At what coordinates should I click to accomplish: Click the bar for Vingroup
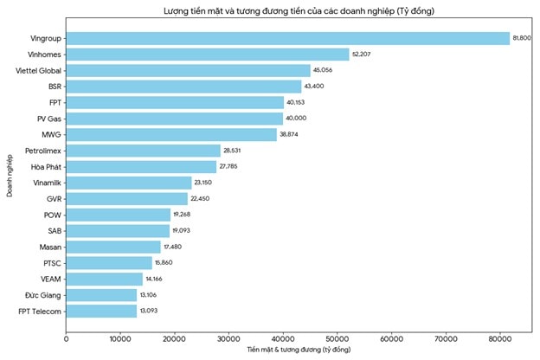point(288,38)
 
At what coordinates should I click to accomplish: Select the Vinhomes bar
point(208,55)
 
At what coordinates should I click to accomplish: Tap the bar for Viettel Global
point(188,70)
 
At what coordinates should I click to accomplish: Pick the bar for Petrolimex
point(144,151)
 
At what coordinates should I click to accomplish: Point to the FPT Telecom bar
point(101,311)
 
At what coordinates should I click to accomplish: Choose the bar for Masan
point(113,247)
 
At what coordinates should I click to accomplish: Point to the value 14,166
point(155,279)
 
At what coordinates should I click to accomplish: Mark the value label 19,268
point(183,215)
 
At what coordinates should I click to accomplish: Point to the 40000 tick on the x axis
point(283,339)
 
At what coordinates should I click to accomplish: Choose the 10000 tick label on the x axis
point(120,339)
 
